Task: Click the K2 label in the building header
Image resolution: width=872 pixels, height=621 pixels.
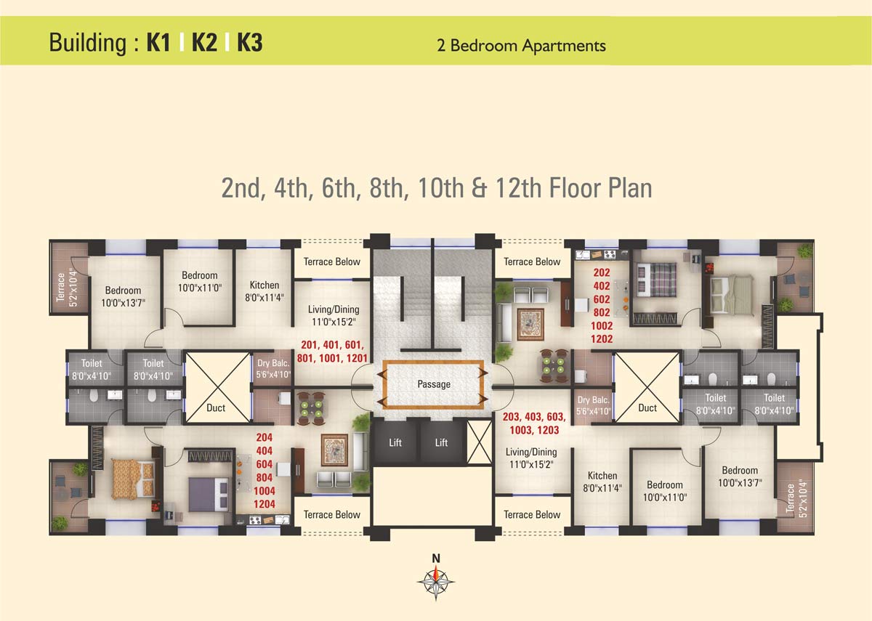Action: tap(204, 43)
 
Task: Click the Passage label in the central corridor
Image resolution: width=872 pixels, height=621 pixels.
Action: tap(434, 384)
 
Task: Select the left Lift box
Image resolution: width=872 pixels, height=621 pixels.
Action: tap(395, 442)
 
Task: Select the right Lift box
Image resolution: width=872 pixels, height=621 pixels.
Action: tap(441, 442)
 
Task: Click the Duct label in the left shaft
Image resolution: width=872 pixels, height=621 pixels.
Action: tap(216, 407)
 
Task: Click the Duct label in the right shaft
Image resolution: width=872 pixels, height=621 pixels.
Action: tap(647, 407)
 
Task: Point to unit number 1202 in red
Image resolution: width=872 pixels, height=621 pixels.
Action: tap(602, 339)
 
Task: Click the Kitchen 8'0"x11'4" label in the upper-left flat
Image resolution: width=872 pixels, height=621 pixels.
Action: tap(264, 291)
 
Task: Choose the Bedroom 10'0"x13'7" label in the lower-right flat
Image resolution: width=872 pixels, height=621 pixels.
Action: tap(740, 476)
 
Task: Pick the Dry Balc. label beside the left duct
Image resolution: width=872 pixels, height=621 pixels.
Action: tap(273, 370)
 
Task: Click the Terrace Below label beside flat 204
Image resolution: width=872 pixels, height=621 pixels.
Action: tap(332, 515)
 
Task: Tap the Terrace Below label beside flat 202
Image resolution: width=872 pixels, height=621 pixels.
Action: tap(533, 261)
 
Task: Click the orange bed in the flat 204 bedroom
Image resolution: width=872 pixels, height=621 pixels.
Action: tap(134, 479)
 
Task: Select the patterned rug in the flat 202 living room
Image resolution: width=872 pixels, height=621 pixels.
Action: tap(530, 324)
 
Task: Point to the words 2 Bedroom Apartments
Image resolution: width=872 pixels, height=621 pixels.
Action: tap(521, 46)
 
